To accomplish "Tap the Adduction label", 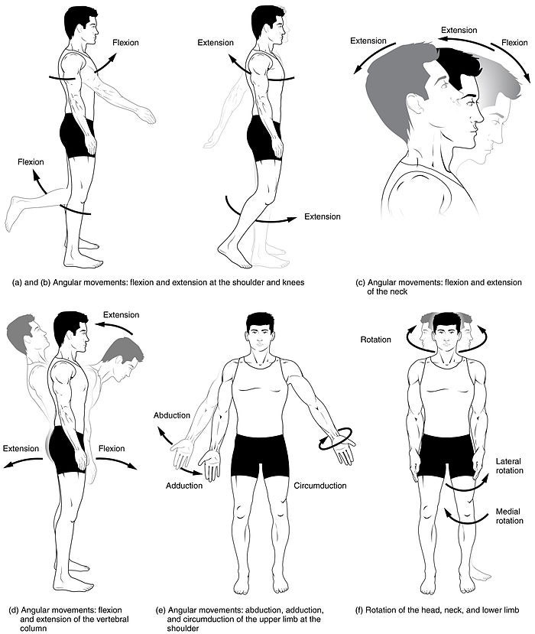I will pos(183,486).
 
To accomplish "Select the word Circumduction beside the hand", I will pos(319,486).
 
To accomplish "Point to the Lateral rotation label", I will pos(508,467).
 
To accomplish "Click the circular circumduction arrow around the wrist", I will pos(336,438).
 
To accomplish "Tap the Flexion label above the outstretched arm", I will pos(124,42).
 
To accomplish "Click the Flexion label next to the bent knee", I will pos(31,162).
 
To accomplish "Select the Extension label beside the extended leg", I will pos(322,216).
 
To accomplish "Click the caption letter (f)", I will pos(361,610).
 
